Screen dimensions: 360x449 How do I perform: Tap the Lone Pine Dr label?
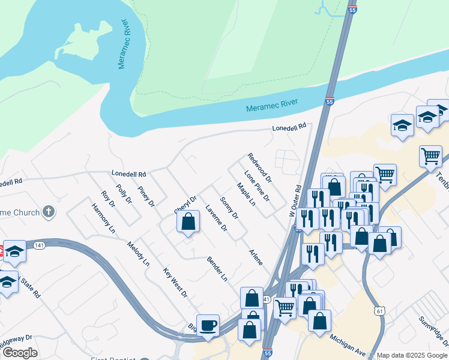click(x=257, y=186)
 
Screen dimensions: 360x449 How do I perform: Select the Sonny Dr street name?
click(x=229, y=208)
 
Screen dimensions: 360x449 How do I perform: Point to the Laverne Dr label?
click(x=216, y=218)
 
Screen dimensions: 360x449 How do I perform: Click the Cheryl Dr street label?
click(x=185, y=204)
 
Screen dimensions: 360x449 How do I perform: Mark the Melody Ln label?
click(x=138, y=254)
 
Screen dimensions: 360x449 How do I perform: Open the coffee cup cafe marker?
click(x=208, y=325)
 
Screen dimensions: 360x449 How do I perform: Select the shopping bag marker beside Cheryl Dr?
click(x=188, y=221)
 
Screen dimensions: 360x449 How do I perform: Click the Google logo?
click(x=20, y=353)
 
